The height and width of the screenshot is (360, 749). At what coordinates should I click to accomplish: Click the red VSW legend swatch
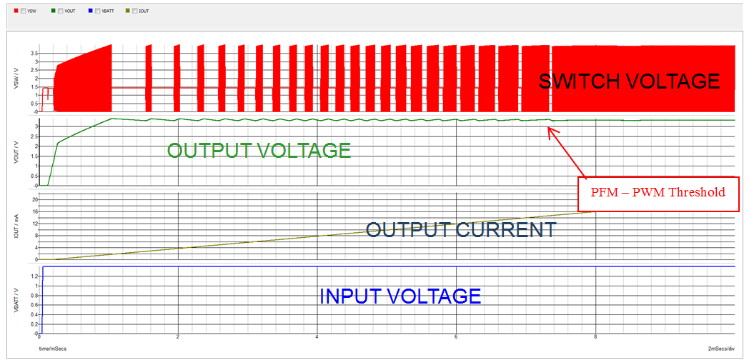[16, 11]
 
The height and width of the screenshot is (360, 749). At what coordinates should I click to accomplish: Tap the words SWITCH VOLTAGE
[629, 81]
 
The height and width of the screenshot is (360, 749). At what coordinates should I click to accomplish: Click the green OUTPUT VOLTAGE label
[259, 151]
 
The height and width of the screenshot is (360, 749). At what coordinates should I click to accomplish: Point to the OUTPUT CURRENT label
[460, 230]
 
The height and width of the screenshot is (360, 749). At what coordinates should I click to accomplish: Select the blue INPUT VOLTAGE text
[400, 296]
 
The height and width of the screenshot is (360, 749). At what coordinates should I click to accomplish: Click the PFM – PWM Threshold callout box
[657, 193]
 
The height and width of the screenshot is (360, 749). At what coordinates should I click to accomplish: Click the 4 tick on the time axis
[317, 337]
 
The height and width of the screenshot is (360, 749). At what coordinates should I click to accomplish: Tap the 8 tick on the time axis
[595, 337]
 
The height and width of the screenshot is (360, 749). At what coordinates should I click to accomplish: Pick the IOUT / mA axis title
[16, 225]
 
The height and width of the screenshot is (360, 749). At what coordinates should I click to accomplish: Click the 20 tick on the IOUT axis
[34, 200]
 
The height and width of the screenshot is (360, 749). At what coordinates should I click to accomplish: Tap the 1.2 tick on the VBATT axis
[33, 275]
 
